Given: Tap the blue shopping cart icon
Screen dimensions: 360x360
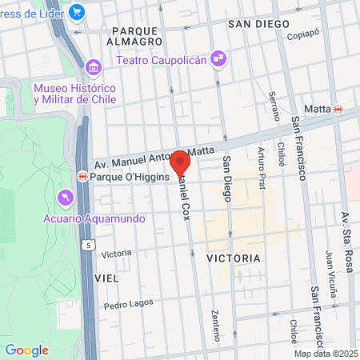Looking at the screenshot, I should click(78, 11).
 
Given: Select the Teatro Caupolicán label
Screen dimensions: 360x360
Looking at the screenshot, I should click(163, 59).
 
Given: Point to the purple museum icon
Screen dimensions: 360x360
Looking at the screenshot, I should click(93, 66).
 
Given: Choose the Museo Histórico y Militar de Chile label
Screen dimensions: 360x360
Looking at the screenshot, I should click(74, 94).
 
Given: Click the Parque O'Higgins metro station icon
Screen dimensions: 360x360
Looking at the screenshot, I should click(82, 176).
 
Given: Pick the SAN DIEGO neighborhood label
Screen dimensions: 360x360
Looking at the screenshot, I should click(258, 24).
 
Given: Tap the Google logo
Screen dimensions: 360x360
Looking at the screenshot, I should click(26, 350).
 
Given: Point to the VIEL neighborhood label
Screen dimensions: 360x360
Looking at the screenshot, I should click(106, 278).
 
